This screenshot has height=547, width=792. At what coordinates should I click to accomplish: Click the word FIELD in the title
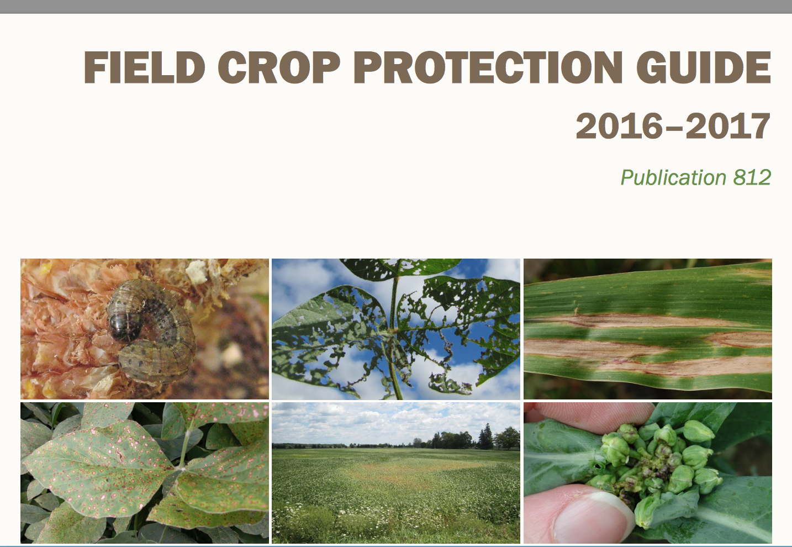click(x=144, y=67)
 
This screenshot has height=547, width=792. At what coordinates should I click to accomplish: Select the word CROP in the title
click(x=278, y=67)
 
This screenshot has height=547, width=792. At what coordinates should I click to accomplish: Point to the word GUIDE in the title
click(x=703, y=67)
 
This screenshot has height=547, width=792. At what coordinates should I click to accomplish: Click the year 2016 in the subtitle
click(x=619, y=126)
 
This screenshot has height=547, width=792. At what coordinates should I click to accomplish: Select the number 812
click(x=752, y=177)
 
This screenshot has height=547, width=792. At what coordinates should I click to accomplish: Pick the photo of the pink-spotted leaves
click(x=145, y=472)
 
